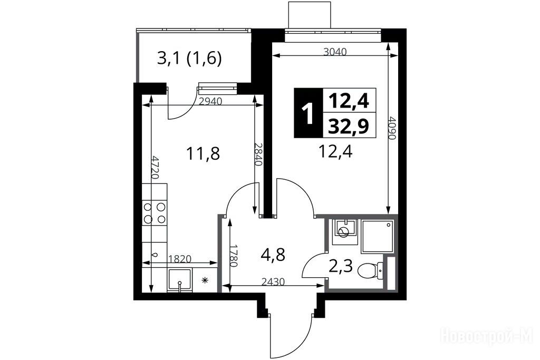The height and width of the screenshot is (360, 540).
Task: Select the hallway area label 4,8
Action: coord(273,255)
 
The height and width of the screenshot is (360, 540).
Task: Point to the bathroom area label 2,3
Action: coord(341,266)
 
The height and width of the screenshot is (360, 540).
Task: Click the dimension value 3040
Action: coord(335,52)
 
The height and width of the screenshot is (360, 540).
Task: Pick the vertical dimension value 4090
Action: coord(392,129)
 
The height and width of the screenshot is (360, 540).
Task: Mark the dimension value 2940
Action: coord(211,101)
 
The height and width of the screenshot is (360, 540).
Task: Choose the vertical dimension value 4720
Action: coord(156,167)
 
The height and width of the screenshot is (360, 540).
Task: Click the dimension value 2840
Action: coord(258,154)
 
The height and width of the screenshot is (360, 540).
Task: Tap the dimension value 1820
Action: coord(180,258)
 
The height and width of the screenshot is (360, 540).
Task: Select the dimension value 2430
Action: coord(273,282)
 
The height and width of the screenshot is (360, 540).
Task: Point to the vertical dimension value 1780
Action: coord(234,256)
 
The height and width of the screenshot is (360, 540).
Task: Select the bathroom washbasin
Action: coord(343,231)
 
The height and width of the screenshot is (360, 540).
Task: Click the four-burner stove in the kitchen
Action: coord(155,213)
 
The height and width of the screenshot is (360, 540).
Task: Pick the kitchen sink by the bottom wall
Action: coord(179,280)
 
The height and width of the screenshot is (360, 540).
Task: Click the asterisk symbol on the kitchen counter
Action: coord(205,280)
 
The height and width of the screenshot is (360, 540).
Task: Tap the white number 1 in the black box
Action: coord(307,113)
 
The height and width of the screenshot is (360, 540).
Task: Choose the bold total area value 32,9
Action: coord(349,125)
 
